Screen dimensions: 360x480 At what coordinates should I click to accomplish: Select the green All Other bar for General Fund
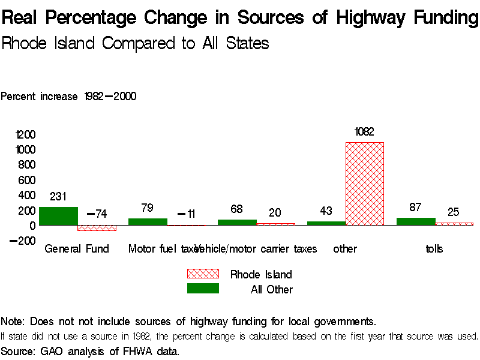[x=58, y=216]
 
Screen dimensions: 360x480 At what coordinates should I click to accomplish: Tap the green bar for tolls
[x=416, y=221]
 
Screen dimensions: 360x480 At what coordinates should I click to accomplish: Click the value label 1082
[x=364, y=132]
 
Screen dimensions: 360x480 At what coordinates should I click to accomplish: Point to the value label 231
[x=58, y=196]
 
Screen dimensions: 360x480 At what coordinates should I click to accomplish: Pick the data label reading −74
[x=97, y=214]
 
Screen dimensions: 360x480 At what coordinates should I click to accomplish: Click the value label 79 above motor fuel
[x=148, y=208]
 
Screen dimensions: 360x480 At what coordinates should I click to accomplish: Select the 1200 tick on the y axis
[x=26, y=134]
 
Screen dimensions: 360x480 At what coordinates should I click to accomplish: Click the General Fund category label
[x=77, y=248]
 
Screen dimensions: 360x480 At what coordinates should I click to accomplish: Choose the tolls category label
[x=434, y=248]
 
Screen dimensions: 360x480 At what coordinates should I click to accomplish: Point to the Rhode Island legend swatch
[x=203, y=274]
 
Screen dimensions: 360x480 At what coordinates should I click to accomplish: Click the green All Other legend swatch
[x=203, y=289]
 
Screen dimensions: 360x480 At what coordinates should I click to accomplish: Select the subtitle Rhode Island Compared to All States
[x=135, y=43]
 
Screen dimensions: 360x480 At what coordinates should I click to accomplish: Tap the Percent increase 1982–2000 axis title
[x=68, y=96]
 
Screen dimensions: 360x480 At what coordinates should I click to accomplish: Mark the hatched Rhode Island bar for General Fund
[x=97, y=228]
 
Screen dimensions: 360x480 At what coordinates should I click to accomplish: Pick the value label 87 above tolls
[x=415, y=208]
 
